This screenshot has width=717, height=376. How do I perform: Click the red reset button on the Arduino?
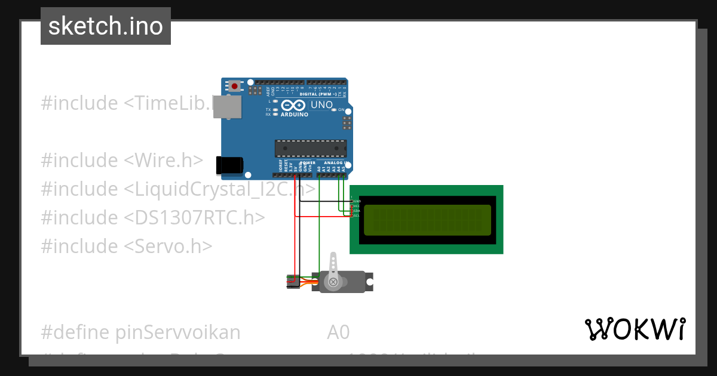click(x=235, y=87)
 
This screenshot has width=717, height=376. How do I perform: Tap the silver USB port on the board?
click(x=228, y=106)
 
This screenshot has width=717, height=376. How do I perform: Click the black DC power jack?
click(x=230, y=165)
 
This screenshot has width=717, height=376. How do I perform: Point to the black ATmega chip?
click(x=310, y=149)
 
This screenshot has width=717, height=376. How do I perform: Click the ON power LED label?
click(x=341, y=110)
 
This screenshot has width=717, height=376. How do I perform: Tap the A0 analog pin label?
click(x=319, y=169)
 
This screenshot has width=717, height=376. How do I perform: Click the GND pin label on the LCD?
click(x=357, y=202)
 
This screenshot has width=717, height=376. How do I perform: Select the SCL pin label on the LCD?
click(x=356, y=215)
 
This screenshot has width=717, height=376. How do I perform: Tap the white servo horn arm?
click(x=333, y=266)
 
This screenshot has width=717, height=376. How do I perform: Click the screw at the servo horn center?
click(x=333, y=281)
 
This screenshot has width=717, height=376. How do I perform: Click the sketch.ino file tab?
click(x=106, y=26)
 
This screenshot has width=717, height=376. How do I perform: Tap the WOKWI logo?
click(x=635, y=329)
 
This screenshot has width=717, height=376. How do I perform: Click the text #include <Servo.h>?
click(x=126, y=246)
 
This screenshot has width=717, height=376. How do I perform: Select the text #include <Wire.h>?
click(x=122, y=160)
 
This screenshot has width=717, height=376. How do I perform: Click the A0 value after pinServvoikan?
click(x=338, y=332)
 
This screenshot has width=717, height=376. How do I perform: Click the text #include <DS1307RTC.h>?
click(x=152, y=217)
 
